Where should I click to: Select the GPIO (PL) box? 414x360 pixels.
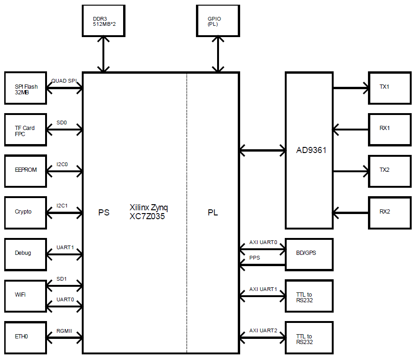point(217,21)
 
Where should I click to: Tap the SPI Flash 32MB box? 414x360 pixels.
point(26,88)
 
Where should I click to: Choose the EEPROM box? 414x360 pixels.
point(26,170)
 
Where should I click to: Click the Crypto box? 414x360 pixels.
point(26,212)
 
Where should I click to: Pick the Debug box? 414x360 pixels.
point(26,253)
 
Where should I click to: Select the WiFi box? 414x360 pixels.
point(26,295)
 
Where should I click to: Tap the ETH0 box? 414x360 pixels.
point(26,337)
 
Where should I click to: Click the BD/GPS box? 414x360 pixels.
point(309,253)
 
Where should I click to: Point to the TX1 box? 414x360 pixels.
point(389,88)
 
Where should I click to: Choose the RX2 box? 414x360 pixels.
point(389,212)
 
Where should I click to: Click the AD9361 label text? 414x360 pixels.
point(311,151)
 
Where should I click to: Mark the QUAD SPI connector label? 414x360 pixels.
point(64,81)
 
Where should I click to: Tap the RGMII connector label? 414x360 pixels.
point(64,330)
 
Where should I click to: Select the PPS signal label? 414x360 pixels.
point(255,258)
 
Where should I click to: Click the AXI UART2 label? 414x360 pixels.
point(263,330)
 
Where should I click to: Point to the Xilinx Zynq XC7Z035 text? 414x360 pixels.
point(148,212)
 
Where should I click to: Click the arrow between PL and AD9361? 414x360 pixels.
point(262,151)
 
